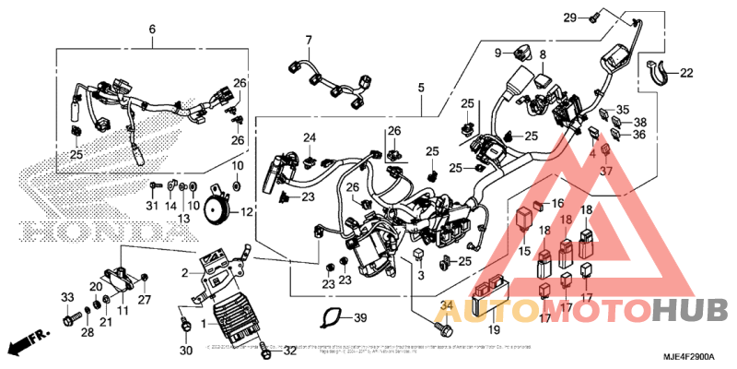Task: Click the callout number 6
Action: [x=153, y=30]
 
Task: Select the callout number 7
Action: [x=310, y=40]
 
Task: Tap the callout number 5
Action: [x=420, y=88]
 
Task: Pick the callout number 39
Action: [x=360, y=318]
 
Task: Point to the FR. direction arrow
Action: [x=26, y=345]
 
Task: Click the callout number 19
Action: [x=493, y=329]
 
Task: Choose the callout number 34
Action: [x=448, y=307]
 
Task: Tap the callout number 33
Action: [x=66, y=296]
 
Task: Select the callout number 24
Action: [x=310, y=139]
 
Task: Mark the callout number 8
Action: [x=544, y=55]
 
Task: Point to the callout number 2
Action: [x=184, y=272]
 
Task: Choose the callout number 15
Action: [x=523, y=251]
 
